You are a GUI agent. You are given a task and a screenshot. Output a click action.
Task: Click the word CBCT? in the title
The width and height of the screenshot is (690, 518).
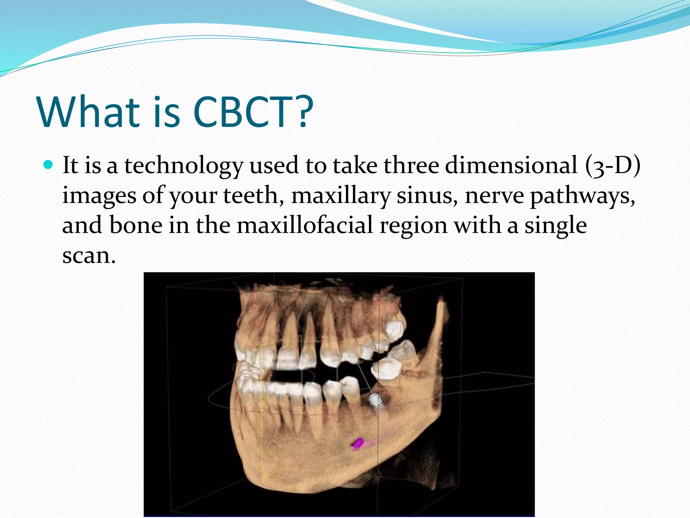point(253,112)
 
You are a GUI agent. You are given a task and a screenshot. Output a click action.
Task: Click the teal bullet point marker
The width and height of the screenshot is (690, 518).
point(49,165)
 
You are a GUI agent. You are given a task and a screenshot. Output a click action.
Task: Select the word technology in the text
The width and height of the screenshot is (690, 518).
point(184,166)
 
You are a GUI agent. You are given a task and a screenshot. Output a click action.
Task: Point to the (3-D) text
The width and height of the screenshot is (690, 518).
point(613,166)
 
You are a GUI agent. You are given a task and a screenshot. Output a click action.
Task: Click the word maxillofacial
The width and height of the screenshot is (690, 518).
point(305,225)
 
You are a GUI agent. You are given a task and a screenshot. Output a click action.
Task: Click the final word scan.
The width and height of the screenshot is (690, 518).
point(89,256)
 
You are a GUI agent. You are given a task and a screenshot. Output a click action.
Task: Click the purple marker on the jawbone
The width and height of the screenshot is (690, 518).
point(357,444)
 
